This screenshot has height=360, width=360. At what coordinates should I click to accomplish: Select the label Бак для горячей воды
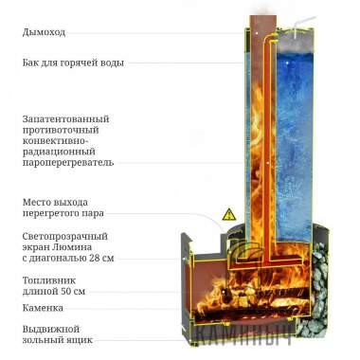[72, 63]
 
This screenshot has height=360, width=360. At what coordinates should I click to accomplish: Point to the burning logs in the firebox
[256, 303]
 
